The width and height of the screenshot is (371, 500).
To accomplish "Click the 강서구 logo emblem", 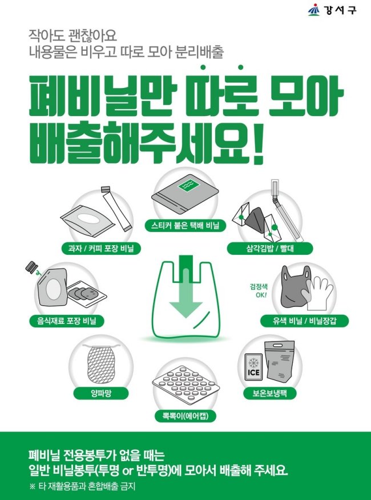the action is pyautogui.click(x=314, y=10).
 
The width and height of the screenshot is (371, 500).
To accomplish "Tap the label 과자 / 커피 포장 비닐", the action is pyautogui.click(x=102, y=249).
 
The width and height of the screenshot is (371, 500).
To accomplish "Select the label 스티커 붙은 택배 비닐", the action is pyautogui.click(x=185, y=226).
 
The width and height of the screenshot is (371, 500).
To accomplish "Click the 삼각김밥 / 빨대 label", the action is pyautogui.click(x=270, y=249).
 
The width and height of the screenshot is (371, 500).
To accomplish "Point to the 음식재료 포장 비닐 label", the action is pyautogui.click(x=67, y=321).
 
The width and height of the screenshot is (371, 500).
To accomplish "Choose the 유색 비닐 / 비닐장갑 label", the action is pyautogui.click(x=304, y=321).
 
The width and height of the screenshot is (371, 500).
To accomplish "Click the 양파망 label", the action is pyautogui.click(x=101, y=394).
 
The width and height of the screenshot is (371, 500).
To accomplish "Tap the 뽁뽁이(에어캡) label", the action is pyautogui.click(x=185, y=417).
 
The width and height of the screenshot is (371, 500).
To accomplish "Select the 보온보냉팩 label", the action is pyautogui.click(x=270, y=393).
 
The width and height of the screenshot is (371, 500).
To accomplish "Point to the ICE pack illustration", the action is pyautogui.click(x=253, y=366).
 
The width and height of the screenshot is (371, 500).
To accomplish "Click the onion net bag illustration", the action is pyautogui.click(x=100, y=363).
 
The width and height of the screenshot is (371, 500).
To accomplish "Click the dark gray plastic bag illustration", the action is pyautogui.click(x=295, y=286).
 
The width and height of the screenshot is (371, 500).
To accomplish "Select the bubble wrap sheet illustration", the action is pyautogui.click(x=186, y=383).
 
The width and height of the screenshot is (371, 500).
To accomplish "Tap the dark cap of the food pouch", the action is pyautogui.click(x=31, y=266).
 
